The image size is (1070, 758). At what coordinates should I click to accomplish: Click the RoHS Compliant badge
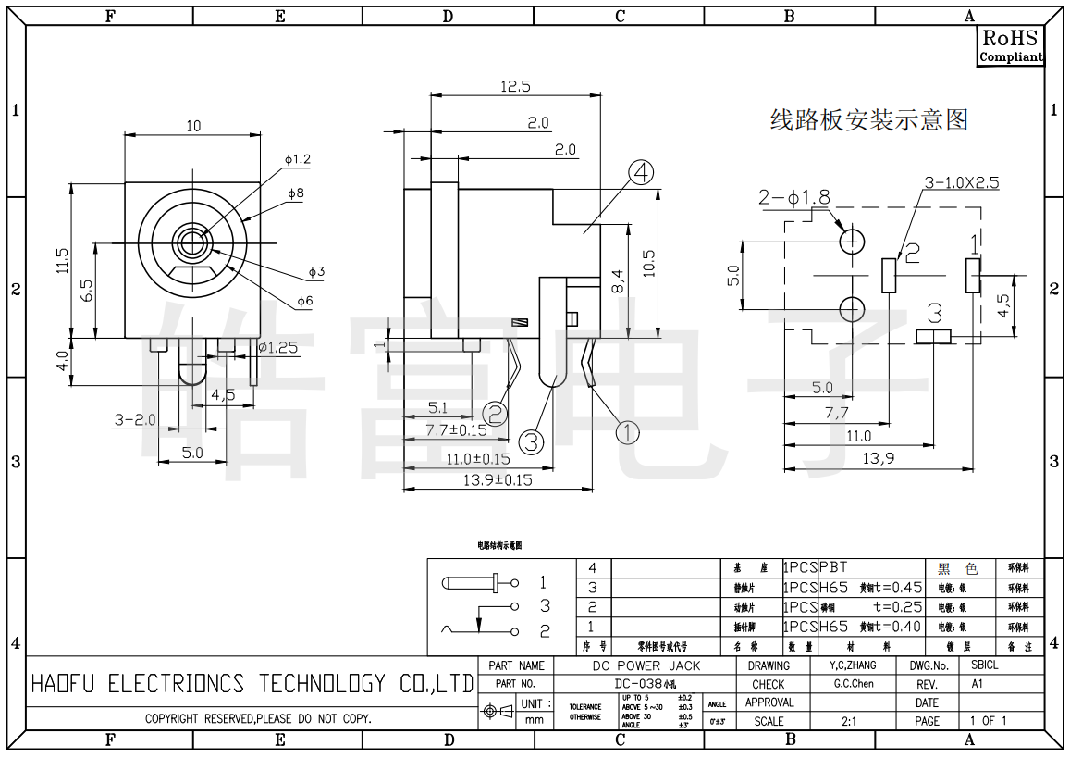(x=1011, y=45)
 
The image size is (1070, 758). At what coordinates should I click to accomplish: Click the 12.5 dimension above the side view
(x=515, y=86)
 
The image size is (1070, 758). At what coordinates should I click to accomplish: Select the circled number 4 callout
(x=641, y=173)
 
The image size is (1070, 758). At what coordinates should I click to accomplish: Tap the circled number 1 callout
(x=627, y=431)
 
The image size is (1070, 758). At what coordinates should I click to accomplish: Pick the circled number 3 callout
(x=531, y=441)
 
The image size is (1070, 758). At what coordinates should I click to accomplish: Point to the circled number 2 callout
(x=496, y=414)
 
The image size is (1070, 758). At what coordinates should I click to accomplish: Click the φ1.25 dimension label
(x=277, y=348)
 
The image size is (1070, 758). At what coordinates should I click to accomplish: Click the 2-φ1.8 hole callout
(x=793, y=197)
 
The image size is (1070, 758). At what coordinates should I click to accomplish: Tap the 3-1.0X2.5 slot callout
(x=962, y=182)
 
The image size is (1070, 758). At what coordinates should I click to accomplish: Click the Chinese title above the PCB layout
(x=868, y=120)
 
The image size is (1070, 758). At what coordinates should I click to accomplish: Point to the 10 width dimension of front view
(x=192, y=126)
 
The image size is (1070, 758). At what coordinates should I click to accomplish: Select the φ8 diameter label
(x=296, y=193)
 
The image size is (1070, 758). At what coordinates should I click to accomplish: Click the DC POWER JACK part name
(x=646, y=665)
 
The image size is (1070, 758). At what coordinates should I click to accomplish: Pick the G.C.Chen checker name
(x=854, y=684)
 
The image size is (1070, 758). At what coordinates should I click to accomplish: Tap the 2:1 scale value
(x=849, y=721)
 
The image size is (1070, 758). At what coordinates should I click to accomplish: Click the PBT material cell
(x=833, y=567)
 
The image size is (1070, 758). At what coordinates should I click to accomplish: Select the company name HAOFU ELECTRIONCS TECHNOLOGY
(x=252, y=684)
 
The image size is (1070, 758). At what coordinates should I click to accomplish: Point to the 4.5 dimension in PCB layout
(x=1002, y=306)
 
